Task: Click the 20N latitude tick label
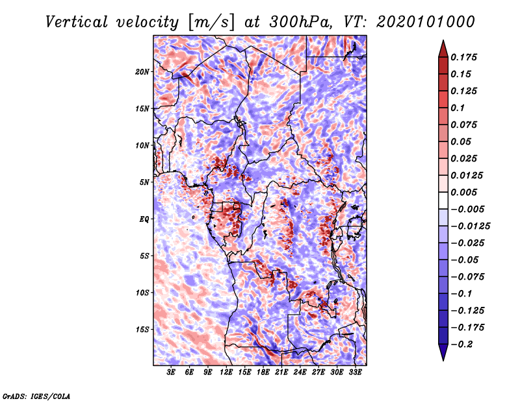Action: click(142, 72)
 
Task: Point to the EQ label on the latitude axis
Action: click(144, 219)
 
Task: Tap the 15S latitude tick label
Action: click(142, 330)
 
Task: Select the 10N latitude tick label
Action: click(142, 146)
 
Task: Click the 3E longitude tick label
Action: click(171, 372)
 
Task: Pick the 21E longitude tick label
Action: click(281, 372)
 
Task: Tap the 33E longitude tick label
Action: click(355, 372)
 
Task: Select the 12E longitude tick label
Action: click(226, 372)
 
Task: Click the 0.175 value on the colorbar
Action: click(463, 57)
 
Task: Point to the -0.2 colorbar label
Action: click(462, 345)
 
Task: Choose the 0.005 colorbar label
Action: click(463, 192)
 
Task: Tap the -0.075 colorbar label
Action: click(467, 277)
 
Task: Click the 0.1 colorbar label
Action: click(458, 108)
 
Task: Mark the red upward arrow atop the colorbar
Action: click(443, 49)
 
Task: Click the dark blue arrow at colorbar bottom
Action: click(443, 352)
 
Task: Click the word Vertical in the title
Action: click(77, 22)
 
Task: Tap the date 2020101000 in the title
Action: click(426, 22)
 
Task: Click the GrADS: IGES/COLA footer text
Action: click(36, 396)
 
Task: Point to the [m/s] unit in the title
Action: click(212, 23)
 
